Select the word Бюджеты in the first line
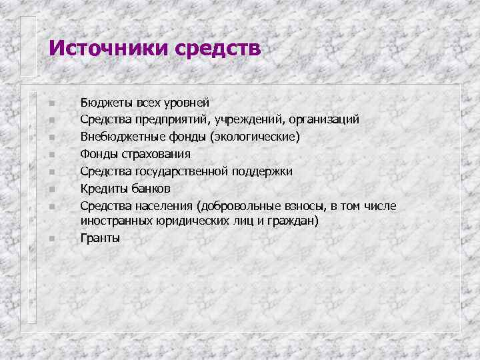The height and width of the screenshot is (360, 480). pyautogui.click(x=107, y=103)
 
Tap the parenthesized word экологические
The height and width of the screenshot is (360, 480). pyautogui.click(x=255, y=137)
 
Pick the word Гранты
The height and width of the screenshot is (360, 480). pyautogui.click(x=101, y=237)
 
